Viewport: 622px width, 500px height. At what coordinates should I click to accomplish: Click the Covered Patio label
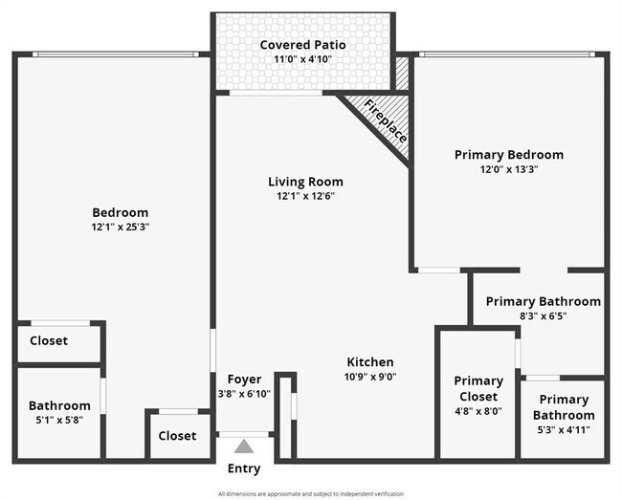[302, 45]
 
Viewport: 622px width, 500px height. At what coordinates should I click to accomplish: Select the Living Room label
[304, 182]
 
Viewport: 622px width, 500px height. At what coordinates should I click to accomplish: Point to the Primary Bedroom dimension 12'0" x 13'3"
[508, 169]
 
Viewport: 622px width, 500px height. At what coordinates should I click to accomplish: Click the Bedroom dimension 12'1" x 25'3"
[120, 228]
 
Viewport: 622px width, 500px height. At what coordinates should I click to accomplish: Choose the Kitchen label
[369, 362]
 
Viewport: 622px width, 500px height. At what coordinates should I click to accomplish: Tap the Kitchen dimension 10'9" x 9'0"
[369, 377]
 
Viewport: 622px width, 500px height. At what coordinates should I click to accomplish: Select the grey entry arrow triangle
[244, 446]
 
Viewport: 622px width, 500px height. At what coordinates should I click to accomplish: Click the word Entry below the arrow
[243, 468]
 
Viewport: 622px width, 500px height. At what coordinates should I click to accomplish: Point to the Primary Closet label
[478, 388]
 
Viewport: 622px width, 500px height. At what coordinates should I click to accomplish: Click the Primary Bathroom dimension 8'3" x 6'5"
[543, 316]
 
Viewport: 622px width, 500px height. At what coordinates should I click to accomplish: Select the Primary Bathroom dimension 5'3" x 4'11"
[564, 430]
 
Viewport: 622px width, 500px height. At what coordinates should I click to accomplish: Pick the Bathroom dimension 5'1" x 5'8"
[59, 421]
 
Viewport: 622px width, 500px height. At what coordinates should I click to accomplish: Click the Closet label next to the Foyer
[177, 436]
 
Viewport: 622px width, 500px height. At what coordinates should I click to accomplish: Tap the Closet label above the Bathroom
[49, 340]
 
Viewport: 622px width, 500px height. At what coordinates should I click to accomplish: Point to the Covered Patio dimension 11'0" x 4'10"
[302, 59]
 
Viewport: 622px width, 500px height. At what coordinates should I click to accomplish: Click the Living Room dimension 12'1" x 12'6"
[304, 196]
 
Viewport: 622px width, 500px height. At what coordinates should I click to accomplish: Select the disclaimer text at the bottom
[311, 494]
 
